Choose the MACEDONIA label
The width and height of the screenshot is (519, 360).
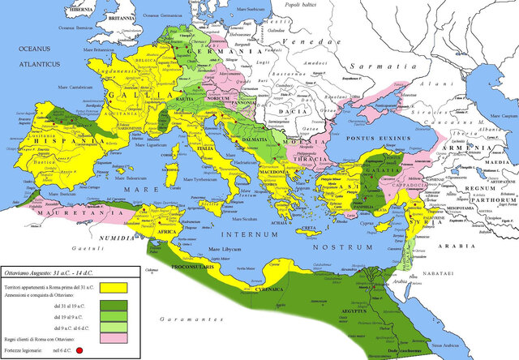pyautogui.click(x=272, y=172)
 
